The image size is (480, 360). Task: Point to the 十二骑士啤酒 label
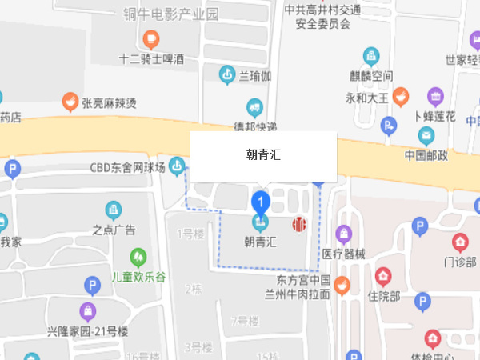(151, 58)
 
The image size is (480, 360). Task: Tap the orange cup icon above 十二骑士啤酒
(150, 38)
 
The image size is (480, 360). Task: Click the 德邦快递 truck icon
(254, 107)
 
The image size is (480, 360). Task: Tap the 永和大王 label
(366, 98)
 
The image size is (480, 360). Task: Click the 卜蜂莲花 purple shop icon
(435, 96)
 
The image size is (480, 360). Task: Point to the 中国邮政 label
(426, 155)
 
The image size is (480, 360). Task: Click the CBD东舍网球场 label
(127, 167)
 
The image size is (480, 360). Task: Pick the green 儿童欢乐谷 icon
(138, 256)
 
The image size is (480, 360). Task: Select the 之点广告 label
(114, 230)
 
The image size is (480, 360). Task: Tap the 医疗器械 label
(344, 254)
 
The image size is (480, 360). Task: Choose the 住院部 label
(383, 296)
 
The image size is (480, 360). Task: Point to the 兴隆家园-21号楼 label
(87, 331)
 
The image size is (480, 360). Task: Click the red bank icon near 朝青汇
(299, 223)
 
